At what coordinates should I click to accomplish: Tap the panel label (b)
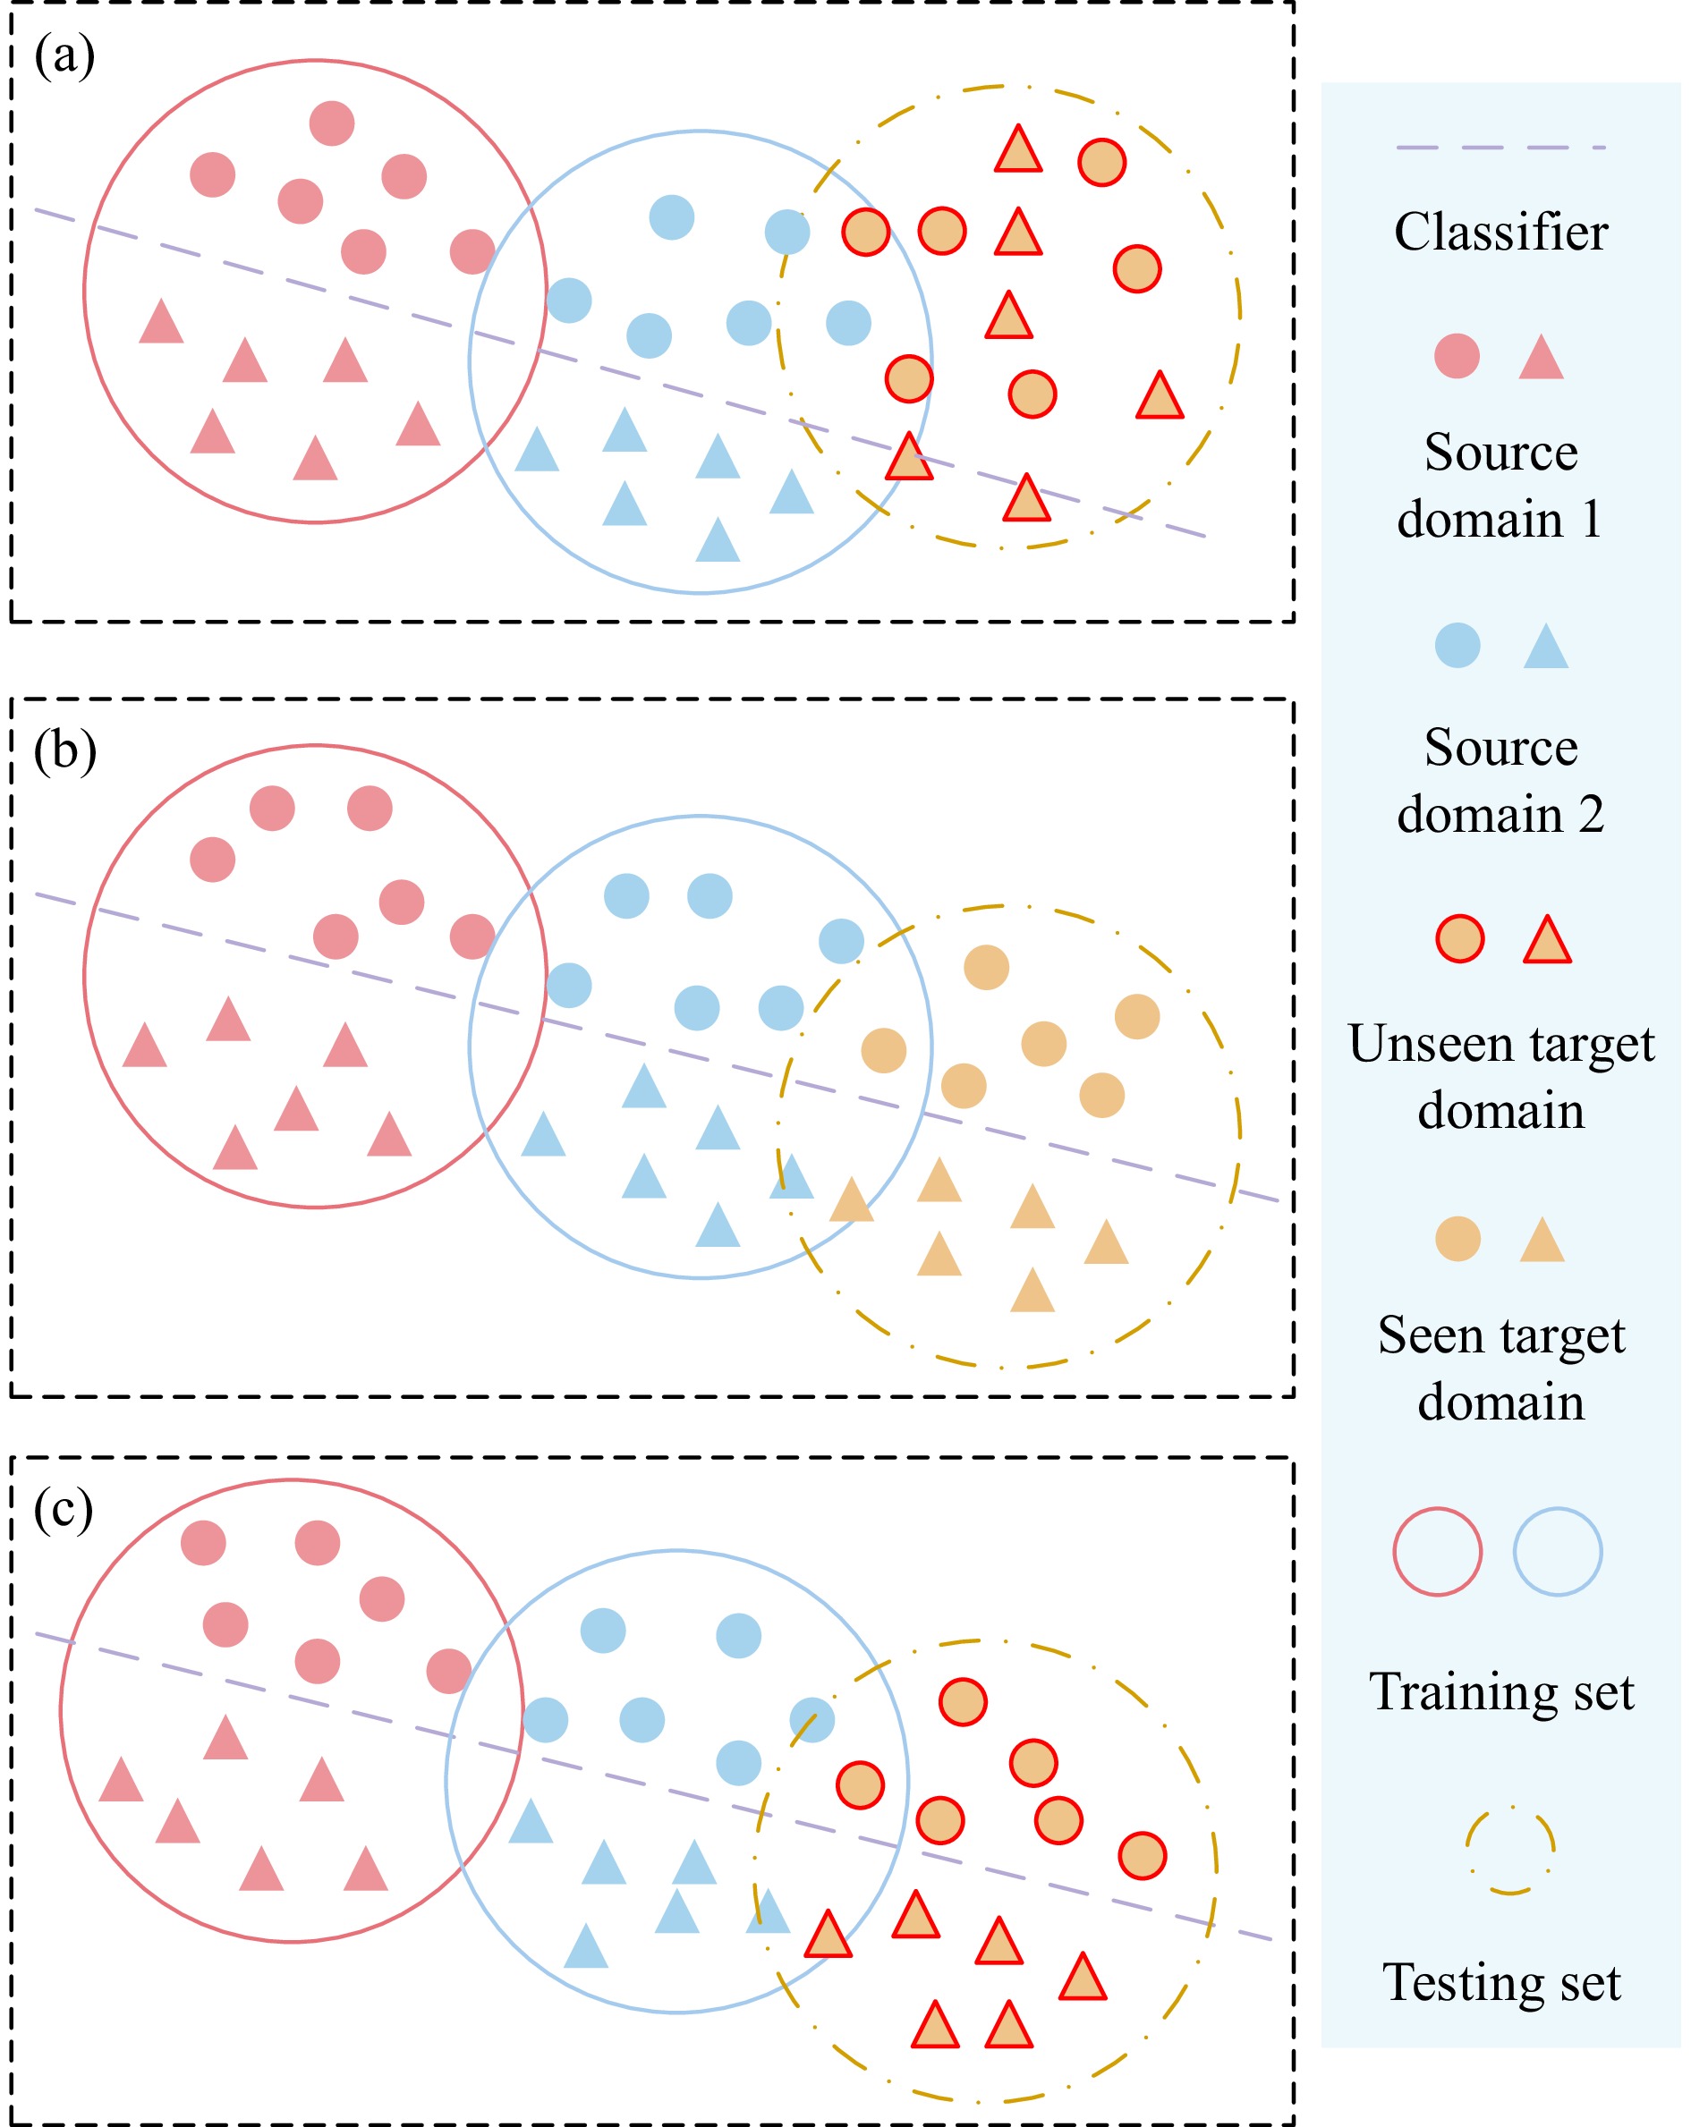point(64,751)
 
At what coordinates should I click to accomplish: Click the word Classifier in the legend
point(1500,233)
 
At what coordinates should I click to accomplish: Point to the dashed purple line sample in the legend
point(1500,148)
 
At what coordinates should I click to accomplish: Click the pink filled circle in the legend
point(1457,356)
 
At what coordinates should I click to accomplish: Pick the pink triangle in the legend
point(1541,358)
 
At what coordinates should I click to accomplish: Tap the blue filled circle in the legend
point(1457,646)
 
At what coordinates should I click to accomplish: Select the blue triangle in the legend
point(1545,648)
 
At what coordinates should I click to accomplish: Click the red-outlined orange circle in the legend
point(1459,938)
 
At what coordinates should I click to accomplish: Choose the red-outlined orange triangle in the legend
point(1546,940)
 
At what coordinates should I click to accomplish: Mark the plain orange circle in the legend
point(1457,1239)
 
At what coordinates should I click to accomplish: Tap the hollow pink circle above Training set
point(1437,1552)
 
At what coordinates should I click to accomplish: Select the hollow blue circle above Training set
point(1557,1552)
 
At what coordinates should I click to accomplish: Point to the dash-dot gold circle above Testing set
point(1509,1851)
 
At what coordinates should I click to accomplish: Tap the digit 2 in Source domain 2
point(1591,815)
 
